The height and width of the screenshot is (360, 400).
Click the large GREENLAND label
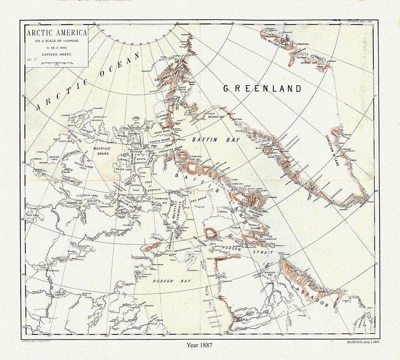coord(262,88)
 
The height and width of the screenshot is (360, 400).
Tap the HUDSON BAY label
coord(168,281)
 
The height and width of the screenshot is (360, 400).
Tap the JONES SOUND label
coord(162,132)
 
